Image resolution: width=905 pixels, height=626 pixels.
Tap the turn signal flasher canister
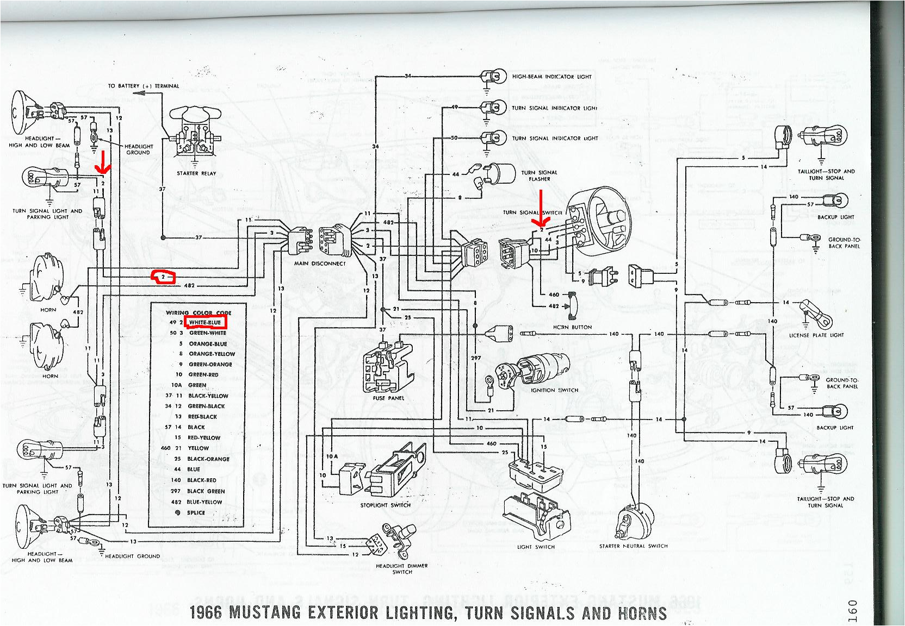(x=501, y=174)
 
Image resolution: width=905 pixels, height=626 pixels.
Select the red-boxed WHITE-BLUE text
(x=204, y=322)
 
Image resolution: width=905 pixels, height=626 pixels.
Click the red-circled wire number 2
(x=163, y=277)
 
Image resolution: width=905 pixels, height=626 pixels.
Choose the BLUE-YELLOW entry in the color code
(x=204, y=502)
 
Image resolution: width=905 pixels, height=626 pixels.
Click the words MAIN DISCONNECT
(x=320, y=264)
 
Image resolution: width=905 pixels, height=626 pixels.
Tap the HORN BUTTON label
(x=572, y=327)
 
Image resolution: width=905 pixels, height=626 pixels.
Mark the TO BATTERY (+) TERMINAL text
(x=143, y=86)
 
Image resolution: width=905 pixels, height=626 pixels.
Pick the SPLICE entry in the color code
(x=195, y=512)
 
